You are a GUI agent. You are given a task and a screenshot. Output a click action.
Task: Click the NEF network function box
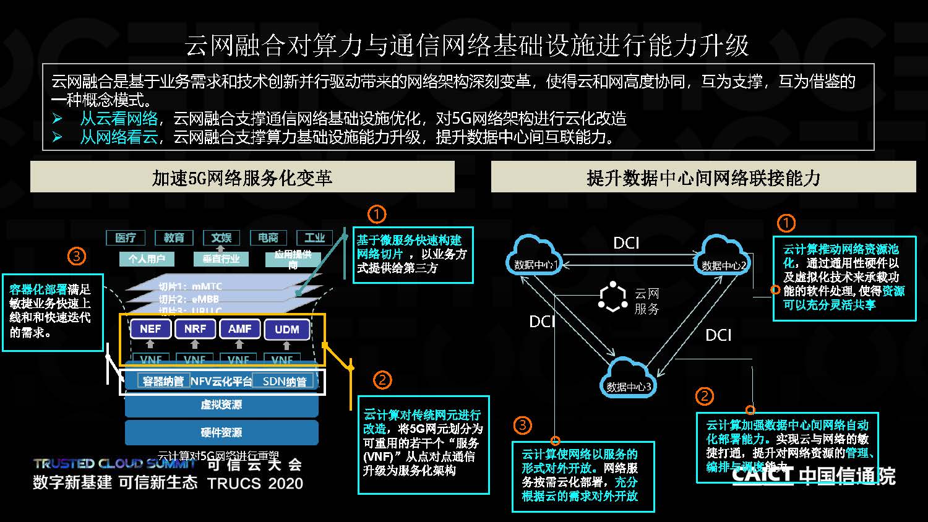click(x=150, y=329)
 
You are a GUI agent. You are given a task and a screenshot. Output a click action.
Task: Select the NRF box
click(x=195, y=329)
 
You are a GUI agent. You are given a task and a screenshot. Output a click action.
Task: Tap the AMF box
click(x=239, y=329)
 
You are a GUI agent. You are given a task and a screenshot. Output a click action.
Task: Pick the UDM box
click(x=286, y=329)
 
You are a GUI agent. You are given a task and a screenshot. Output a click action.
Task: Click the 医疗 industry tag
click(x=126, y=237)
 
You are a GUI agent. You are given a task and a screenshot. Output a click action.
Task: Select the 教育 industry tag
click(x=174, y=237)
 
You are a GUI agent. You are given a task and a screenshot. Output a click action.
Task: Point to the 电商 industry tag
click(x=268, y=237)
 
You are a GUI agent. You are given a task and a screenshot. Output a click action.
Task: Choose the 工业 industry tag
click(x=314, y=237)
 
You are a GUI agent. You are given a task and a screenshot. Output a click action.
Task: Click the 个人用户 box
click(x=147, y=259)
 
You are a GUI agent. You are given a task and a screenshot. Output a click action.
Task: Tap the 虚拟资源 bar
click(x=221, y=404)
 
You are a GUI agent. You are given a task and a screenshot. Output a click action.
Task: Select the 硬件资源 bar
click(x=221, y=432)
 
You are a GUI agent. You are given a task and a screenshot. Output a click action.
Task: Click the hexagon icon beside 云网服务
click(x=613, y=297)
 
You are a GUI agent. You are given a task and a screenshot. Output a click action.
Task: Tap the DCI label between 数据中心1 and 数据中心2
click(x=626, y=243)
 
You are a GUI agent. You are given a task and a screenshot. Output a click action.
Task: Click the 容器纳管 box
click(x=163, y=381)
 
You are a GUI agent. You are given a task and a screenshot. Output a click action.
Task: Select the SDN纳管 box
click(x=285, y=381)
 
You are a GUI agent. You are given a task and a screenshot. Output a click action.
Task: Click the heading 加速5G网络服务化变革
click(x=242, y=178)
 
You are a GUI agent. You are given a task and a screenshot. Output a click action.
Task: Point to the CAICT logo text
click(x=762, y=475)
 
